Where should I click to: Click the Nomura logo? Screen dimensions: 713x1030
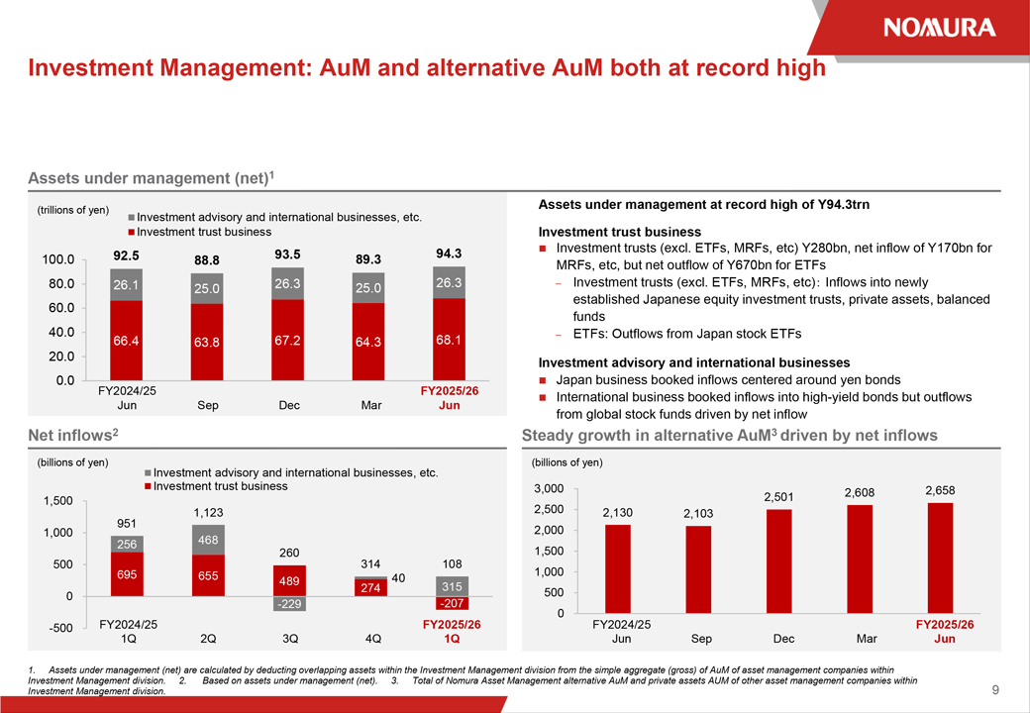[x=939, y=27]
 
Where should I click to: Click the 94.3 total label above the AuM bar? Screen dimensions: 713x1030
[x=449, y=254]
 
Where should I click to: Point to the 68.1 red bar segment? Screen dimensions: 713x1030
[x=449, y=340]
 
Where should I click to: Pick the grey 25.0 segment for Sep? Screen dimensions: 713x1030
[x=207, y=288]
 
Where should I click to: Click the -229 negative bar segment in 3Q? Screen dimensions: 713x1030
[x=288, y=604]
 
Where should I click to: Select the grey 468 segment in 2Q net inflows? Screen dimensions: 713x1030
[x=208, y=540]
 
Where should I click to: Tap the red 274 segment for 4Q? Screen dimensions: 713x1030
[x=369, y=588]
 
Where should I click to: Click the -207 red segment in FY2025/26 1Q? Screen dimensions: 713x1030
[x=452, y=603]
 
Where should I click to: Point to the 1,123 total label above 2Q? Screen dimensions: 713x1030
[x=208, y=512]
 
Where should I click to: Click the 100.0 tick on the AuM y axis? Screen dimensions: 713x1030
[x=58, y=259]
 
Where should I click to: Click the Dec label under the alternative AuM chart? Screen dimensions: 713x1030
[x=783, y=639]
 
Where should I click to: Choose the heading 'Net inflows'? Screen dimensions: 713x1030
[x=71, y=435]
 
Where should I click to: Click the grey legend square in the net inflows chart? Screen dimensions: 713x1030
[x=147, y=473]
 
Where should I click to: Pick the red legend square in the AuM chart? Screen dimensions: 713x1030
[x=131, y=232]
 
